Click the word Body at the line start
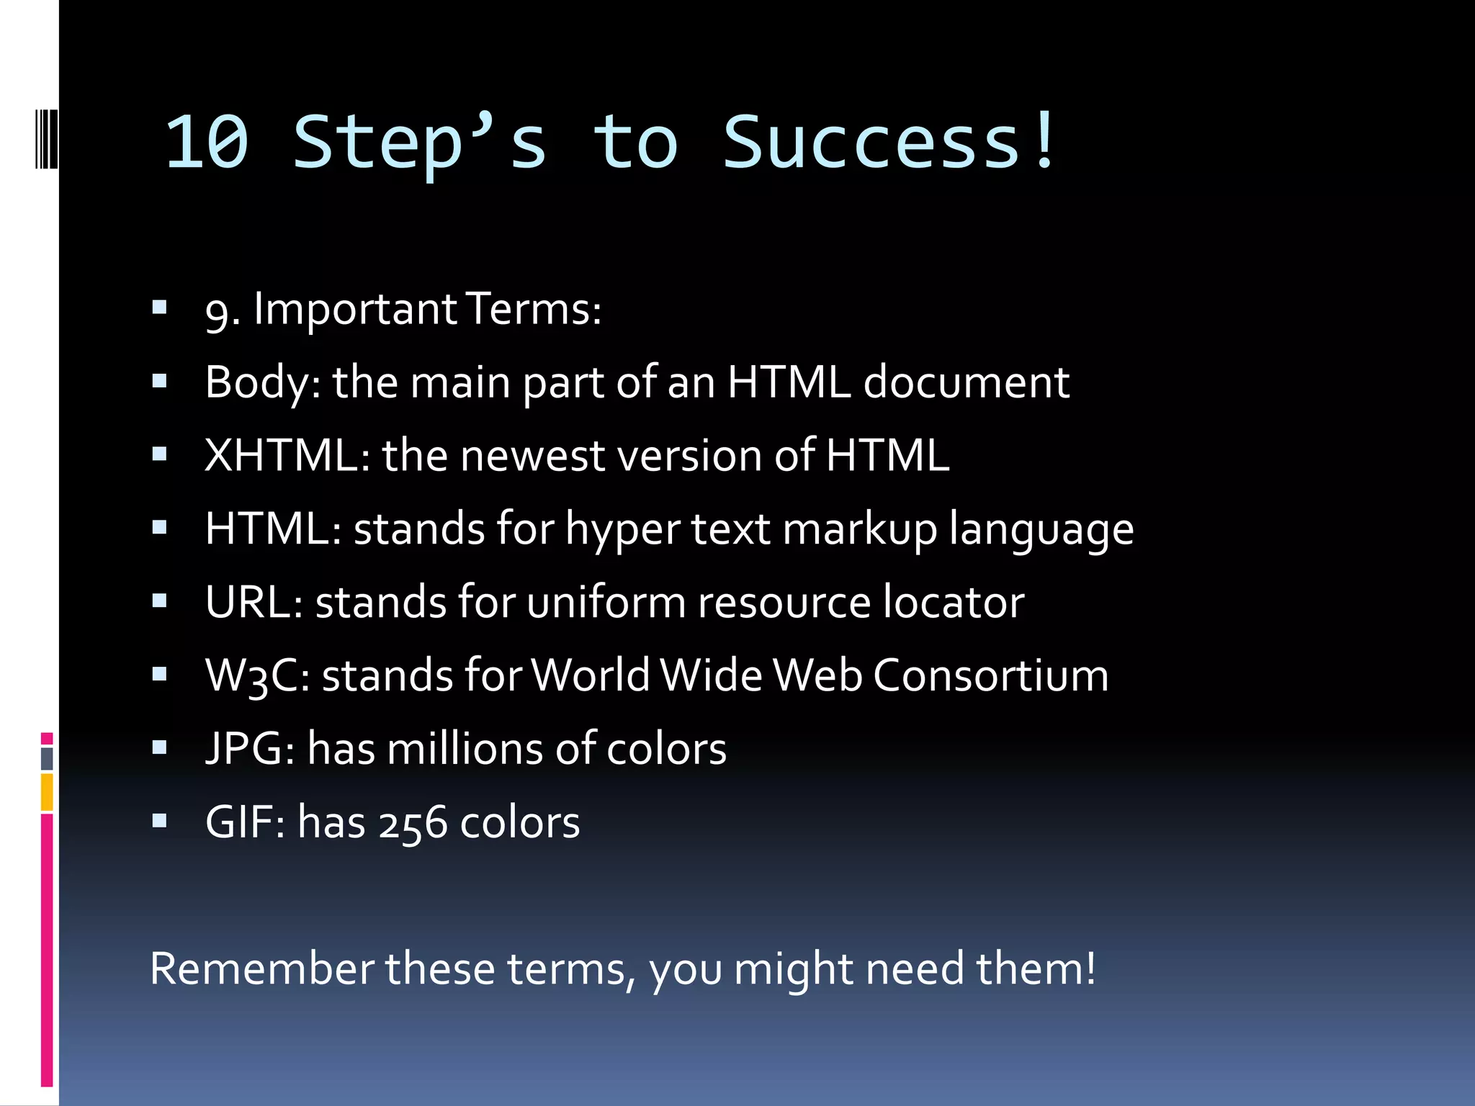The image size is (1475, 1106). [x=258, y=382]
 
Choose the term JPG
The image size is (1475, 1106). [x=245, y=748]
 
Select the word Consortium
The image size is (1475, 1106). [x=991, y=675]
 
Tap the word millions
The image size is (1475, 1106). [x=465, y=748]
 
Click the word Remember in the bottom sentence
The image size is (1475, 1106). [x=261, y=968]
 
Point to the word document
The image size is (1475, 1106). [x=966, y=382]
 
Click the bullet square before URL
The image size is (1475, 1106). [x=159, y=601]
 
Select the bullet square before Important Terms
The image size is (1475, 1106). [x=159, y=308]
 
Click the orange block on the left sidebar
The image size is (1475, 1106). [x=47, y=791]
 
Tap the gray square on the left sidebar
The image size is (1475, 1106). [x=47, y=758]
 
